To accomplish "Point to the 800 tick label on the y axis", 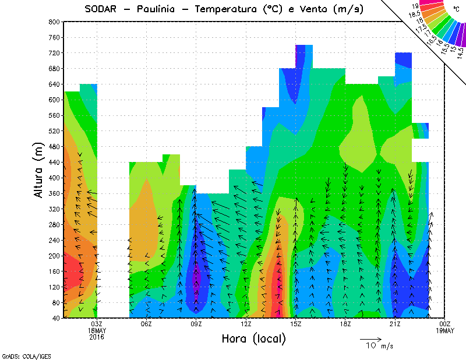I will click(55, 22).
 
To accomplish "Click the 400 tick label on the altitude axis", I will click(55, 178).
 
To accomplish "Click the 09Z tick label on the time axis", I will click(196, 324).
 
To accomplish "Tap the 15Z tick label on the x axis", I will click(296, 324).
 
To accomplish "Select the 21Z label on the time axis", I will click(395, 324).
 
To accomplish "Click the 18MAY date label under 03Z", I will click(97, 330).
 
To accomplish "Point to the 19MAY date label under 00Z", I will click(445, 330).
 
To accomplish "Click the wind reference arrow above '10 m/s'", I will click(370, 338).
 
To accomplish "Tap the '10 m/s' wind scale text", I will click(379, 346).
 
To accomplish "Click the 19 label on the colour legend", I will click(415, 6).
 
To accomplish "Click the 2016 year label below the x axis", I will click(97, 337).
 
